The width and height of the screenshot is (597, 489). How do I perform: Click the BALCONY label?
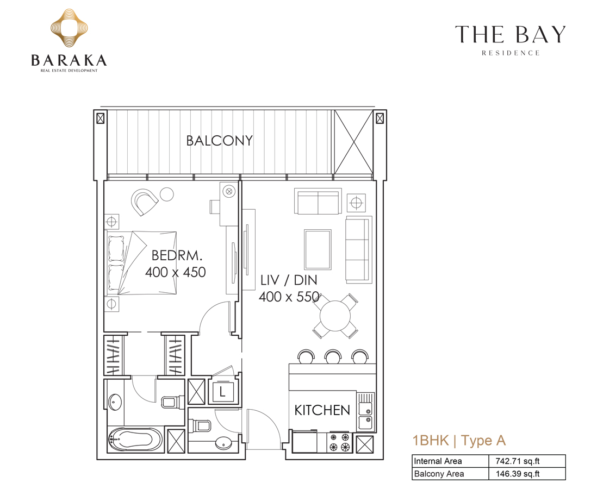click(219, 141)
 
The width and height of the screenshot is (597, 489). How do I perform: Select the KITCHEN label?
click(322, 410)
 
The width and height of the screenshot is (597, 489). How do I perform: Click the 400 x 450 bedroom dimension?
click(175, 272)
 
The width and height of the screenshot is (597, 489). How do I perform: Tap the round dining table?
click(335, 315)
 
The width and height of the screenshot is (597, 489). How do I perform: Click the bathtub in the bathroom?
click(135, 440)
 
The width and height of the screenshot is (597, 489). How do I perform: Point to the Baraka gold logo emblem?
click(69, 29)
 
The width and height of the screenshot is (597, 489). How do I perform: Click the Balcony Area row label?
click(439, 474)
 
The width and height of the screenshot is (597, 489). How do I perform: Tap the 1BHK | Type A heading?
click(459, 440)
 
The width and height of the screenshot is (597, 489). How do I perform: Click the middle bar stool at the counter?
click(333, 356)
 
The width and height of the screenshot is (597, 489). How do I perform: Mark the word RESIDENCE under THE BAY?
click(511, 53)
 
